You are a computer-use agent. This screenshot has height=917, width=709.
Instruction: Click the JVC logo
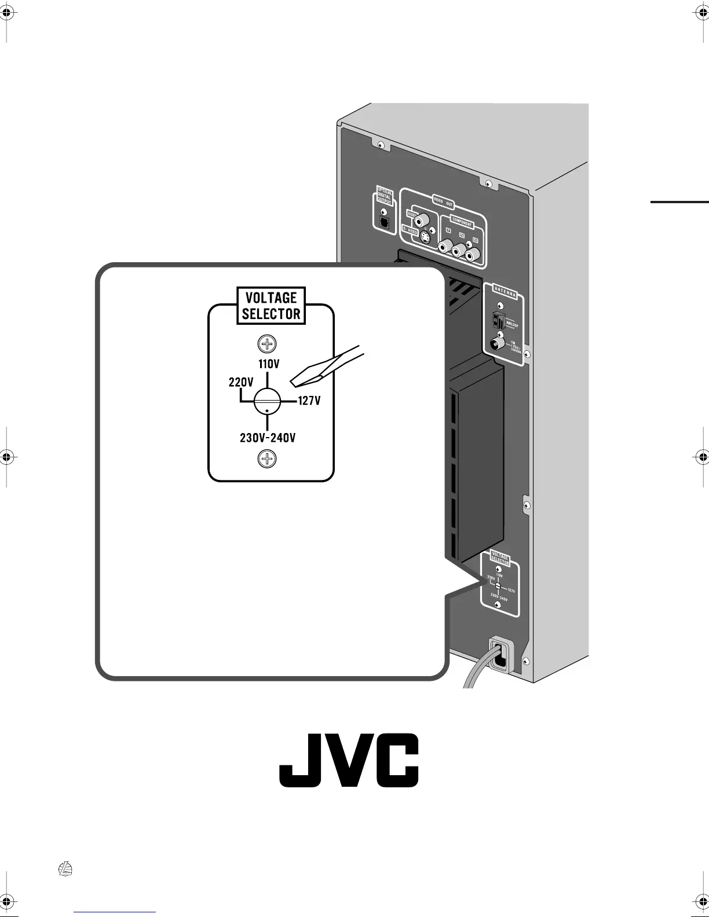coord(349,760)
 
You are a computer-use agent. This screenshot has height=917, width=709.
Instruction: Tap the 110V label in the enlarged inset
coord(269,364)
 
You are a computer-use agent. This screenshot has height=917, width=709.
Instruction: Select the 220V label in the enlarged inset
coord(240,382)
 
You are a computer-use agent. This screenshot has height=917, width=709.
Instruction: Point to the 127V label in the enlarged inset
coord(309,401)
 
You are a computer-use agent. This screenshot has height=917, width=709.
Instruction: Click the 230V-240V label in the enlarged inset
coord(268,438)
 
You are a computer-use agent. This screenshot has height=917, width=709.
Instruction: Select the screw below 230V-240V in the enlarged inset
coord(267,460)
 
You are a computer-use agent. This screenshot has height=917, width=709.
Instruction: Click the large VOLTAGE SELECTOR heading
coord(271,306)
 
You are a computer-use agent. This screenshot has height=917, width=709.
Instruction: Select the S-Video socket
coord(427,238)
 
